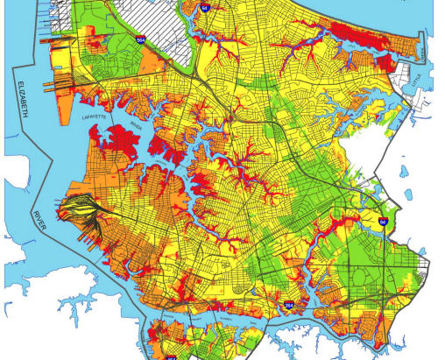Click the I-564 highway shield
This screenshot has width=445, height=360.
tap(140, 39)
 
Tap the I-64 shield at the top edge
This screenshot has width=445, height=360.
tap(205, 7)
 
